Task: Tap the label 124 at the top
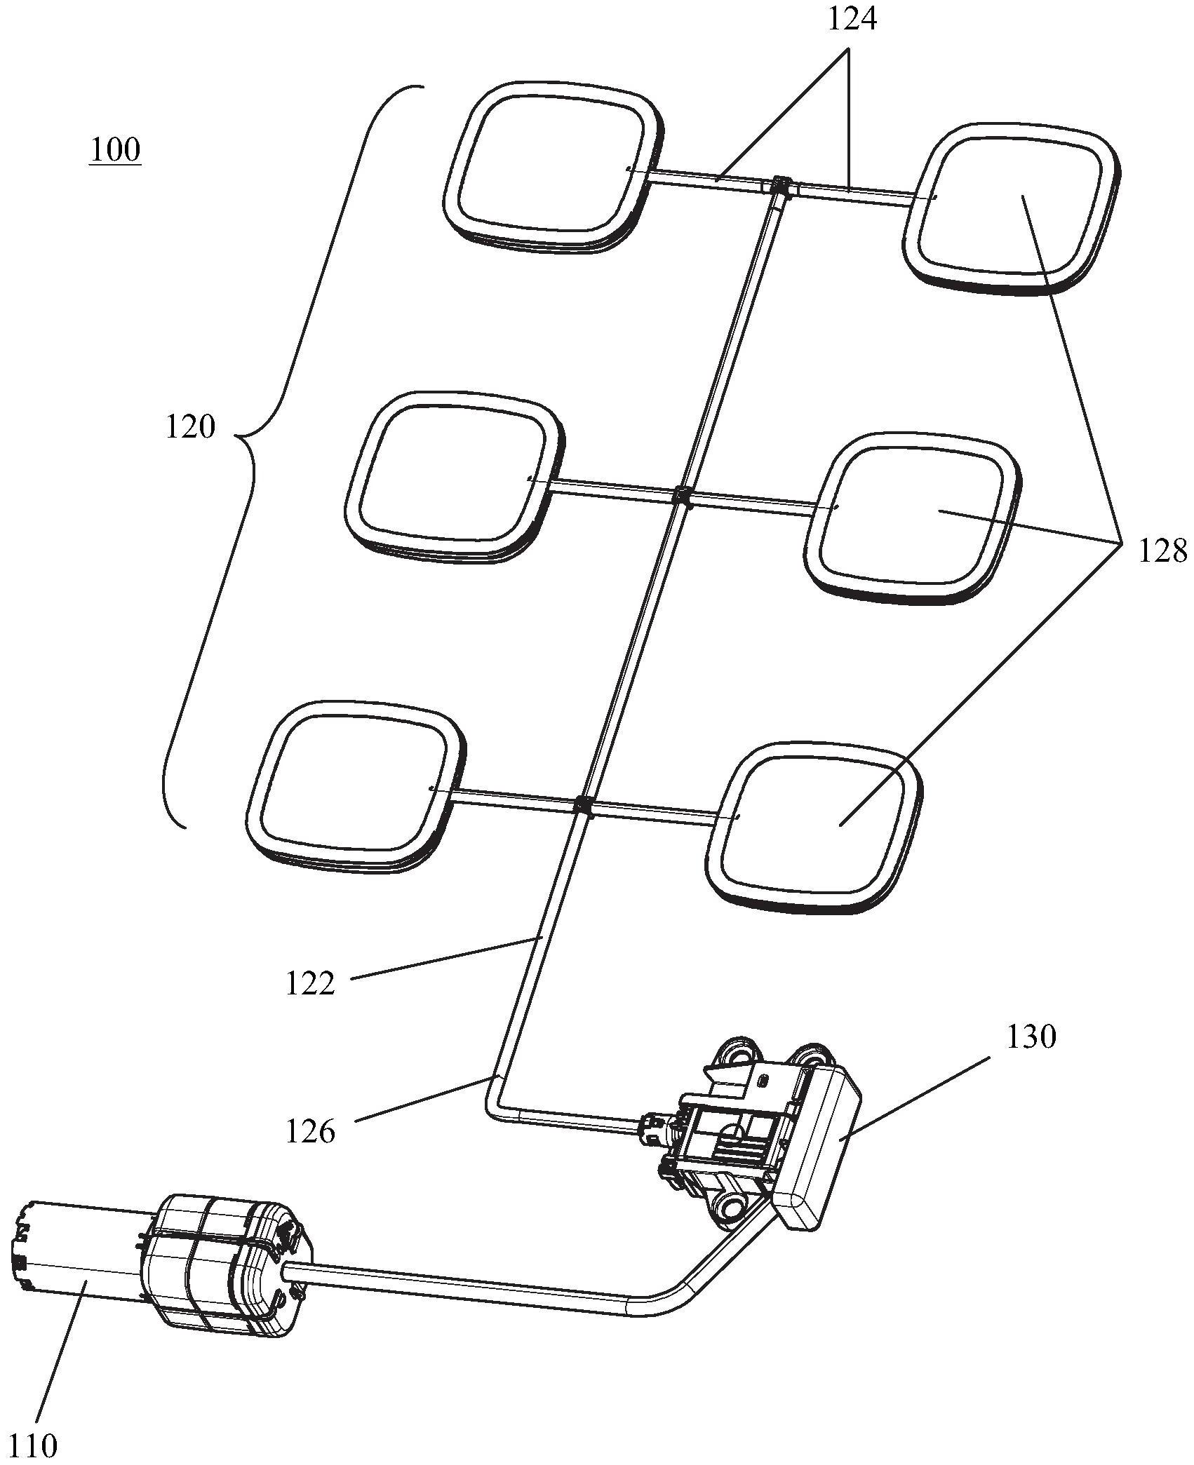852,19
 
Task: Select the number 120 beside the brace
190,426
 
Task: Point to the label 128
1162,551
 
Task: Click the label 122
311,983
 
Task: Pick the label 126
311,1131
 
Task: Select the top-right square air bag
1010,209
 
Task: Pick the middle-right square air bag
913,518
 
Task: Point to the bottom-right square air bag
814,828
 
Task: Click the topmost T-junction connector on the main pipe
779,187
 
